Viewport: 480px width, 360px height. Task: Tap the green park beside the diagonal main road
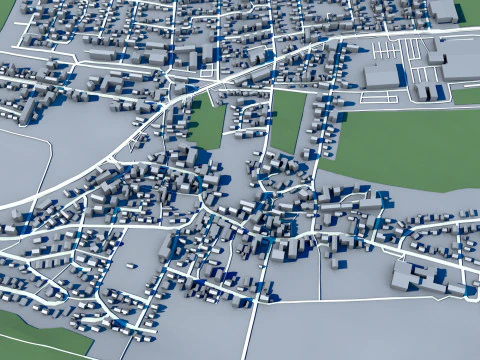pos(208,126)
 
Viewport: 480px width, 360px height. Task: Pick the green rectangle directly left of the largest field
pos(287,121)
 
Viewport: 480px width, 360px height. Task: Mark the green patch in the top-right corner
pos(469,12)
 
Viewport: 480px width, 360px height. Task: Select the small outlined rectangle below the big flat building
pos(379,98)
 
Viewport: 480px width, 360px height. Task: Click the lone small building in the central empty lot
pos(130,266)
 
